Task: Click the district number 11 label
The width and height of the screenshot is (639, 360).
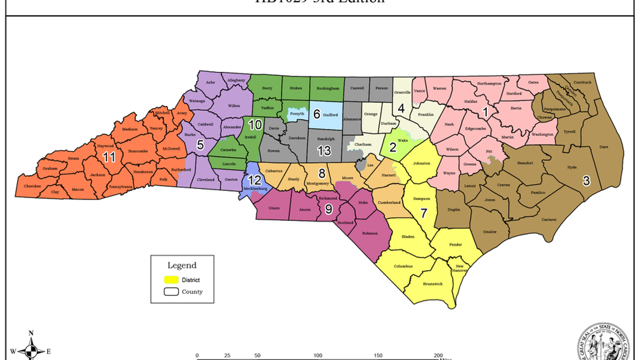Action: click(x=109, y=157)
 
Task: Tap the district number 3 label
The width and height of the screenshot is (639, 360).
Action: click(x=586, y=180)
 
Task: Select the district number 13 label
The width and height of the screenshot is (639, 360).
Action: click(x=324, y=151)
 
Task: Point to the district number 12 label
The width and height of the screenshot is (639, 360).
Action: click(x=255, y=180)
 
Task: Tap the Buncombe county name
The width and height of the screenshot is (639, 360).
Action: click(x=138, y=151)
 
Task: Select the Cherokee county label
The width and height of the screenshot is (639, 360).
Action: click(x=32, y=186)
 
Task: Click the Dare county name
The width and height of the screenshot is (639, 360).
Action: click(x=604, y=147)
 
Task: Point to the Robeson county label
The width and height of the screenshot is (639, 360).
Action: click(x=370, y=233)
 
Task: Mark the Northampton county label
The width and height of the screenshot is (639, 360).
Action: click(x=489, y=83)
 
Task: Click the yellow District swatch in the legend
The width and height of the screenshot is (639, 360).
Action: click(x=171, y=280)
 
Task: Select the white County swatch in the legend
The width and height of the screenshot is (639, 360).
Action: click(x=171, y=292)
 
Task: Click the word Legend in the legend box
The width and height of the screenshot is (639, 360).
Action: click(x=182, y=266)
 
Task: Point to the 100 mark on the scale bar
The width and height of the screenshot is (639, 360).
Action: click(x=318, y=355)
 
